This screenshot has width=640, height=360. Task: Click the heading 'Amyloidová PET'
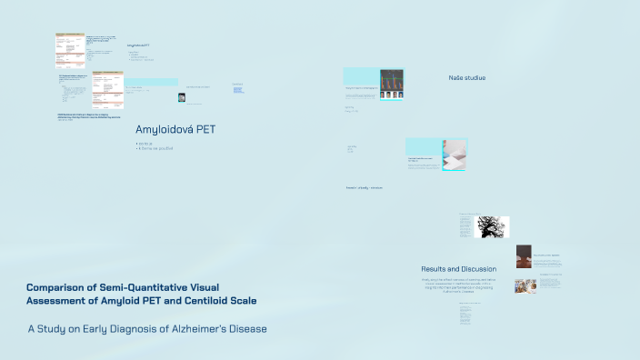[175, 129]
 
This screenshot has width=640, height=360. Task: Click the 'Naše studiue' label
[466, 78]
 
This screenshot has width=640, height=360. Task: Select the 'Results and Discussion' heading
[458, 269]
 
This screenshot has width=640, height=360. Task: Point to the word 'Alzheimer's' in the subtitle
[201, 328]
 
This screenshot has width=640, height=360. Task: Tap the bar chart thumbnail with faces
[391, 83]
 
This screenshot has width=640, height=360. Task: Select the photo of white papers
[454, 155]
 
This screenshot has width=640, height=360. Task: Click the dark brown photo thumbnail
[524, 256]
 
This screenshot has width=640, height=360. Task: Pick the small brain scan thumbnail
[182, 97]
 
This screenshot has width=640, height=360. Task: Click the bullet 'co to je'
[145, 143]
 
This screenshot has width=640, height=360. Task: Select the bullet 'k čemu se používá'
[155, 148]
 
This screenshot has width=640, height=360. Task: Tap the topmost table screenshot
[70, 51]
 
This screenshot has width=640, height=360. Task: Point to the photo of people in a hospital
[525, 285]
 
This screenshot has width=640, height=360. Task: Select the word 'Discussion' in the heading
[478, 269]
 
